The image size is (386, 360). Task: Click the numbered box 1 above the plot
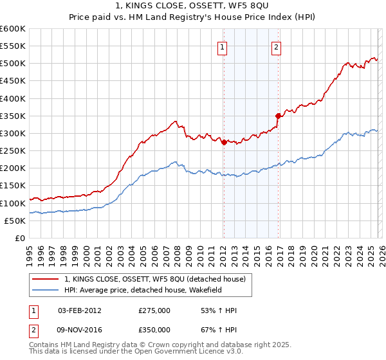tap(223, 46)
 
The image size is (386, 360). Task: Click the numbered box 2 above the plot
tap(276, 46)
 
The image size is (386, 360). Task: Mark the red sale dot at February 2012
tap(224, 143)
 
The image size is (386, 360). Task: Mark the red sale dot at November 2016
tap(279, 116)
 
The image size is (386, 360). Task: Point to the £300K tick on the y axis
tap(13, 133)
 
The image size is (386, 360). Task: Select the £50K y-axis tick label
tap(15, 221)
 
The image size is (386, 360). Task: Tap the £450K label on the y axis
tap(13, 81)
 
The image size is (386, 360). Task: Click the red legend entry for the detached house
tap(155, 279)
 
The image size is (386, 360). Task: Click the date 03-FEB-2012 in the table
tap(79, 310)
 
